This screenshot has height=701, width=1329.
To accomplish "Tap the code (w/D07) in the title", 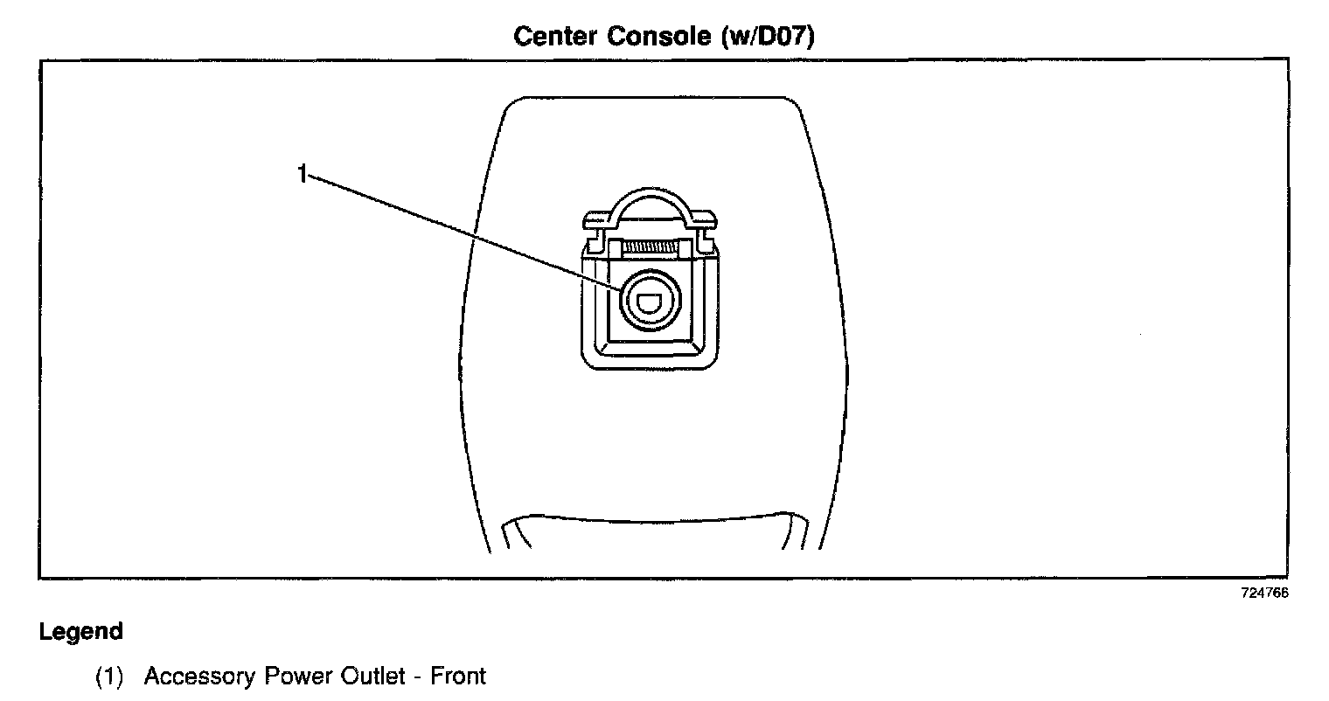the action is tap(769, 37).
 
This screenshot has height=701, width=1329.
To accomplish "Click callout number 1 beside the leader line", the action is tap(302, 174).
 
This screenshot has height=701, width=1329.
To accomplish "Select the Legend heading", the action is tap(80, 631).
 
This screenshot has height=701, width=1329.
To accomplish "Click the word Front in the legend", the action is tap(457, 677).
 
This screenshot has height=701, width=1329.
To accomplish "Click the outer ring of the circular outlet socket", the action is tap(626, 301).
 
